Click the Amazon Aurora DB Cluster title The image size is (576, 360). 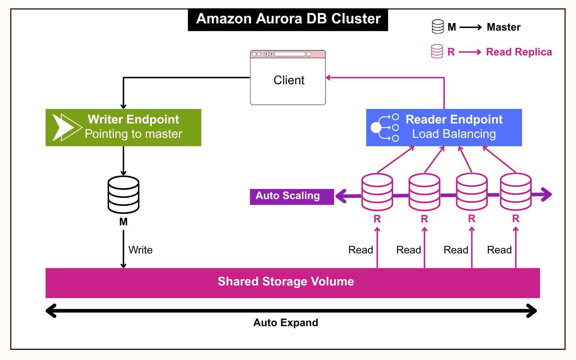(288, 19)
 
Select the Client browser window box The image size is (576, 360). (288, 80)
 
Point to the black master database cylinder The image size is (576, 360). (123, 194)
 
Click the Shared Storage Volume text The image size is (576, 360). (286, 282)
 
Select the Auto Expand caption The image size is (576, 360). (286, 323)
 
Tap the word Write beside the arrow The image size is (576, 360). (140, 250)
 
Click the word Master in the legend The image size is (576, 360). (503, 27)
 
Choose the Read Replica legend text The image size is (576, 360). (519, 52)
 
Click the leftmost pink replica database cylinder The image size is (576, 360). (377, 192)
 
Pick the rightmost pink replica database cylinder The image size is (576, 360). (516, 192)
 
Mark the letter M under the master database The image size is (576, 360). (123, 222)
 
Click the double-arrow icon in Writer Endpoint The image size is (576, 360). (67, 127)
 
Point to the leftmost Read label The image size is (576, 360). (360, 250)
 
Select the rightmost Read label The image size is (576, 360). (499, 250)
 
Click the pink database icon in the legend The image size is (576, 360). (437, 51)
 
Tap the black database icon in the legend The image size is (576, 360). (438, 27)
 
